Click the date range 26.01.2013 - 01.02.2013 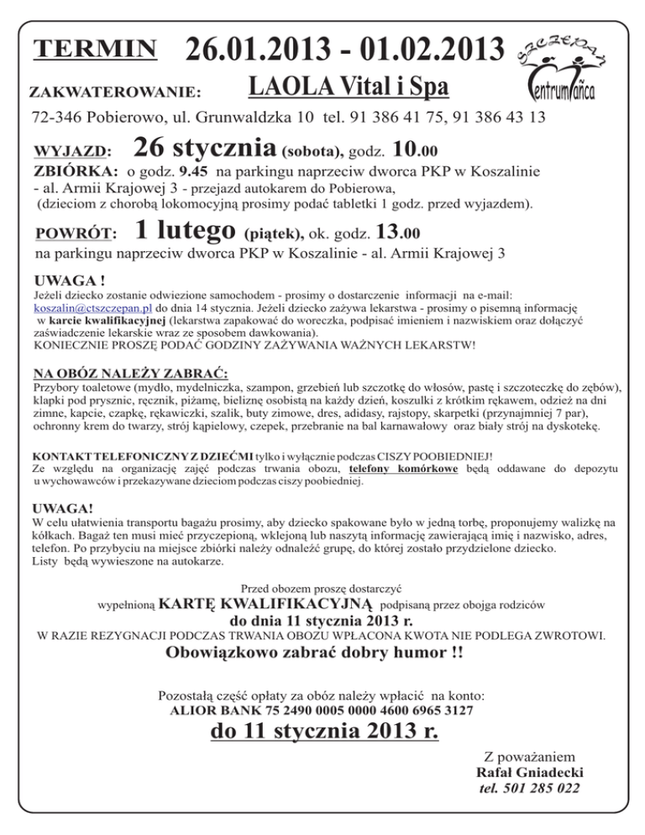coord(346,50)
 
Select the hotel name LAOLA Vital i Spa coord(349,87)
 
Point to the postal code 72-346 coord(59,116)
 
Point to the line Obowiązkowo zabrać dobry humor coord(315,654)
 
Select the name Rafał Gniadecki coord(529,772)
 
